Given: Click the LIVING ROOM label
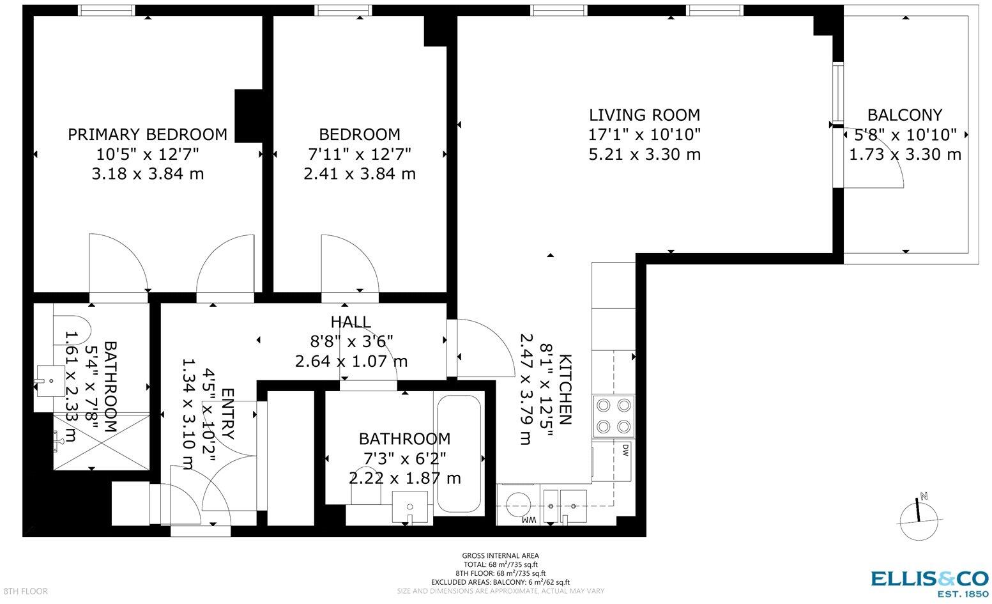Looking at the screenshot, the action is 645,115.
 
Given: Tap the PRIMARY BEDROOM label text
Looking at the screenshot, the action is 148,134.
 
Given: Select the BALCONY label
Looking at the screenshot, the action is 904,115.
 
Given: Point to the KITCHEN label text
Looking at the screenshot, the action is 565,389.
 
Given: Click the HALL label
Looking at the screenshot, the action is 351,321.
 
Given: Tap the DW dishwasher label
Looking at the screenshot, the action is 625,450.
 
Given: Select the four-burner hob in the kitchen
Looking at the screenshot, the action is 613,416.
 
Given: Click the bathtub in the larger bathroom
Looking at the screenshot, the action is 459,454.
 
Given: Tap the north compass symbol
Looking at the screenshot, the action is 919,517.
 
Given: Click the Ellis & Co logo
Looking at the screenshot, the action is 929,584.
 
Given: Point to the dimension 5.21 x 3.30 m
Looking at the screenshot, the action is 645,154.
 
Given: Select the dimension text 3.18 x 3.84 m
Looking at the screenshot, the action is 148,173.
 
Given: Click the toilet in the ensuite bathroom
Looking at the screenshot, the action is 72,330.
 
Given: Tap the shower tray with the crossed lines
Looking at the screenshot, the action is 102,441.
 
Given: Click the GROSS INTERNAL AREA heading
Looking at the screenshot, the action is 500,555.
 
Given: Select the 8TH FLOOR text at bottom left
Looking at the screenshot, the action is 26,591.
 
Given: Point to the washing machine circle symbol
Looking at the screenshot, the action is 518,504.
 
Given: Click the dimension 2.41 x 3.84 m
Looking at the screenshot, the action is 360,173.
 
